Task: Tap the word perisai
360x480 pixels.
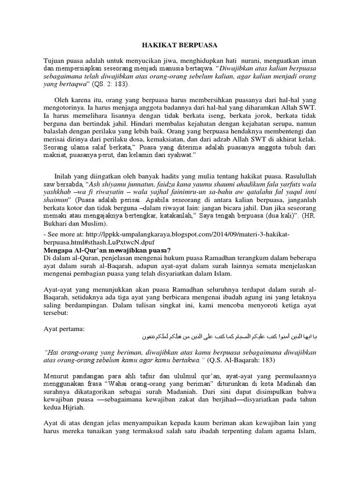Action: coord(127,200)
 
